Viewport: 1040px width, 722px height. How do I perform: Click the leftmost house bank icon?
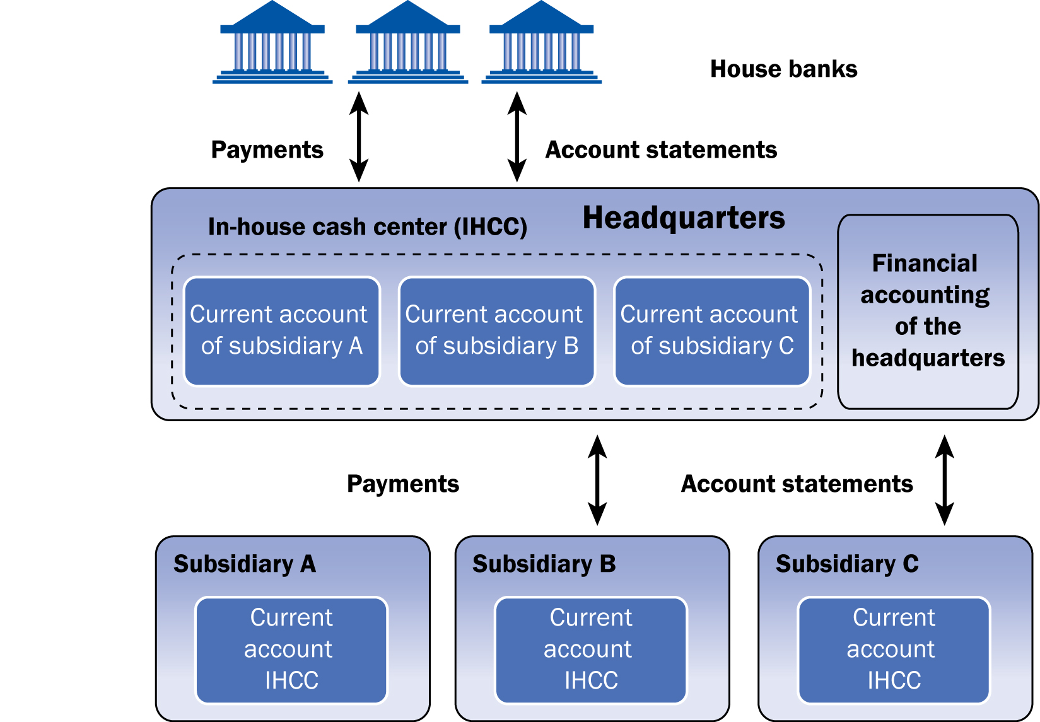(x=272, y=43)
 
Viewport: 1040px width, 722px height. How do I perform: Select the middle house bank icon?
(x=408, y=43)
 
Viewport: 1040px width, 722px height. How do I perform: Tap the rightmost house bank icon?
(x=542, y=43)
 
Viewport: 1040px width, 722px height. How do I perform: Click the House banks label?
(x=783, y=69)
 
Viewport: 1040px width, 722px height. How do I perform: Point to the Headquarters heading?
(x=684, y=218)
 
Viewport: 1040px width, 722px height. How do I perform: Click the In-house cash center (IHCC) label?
(x=368, y=227)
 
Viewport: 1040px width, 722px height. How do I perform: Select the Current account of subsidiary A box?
(x=282, y=331)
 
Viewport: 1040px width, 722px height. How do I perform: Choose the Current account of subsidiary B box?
(x=497, y=331)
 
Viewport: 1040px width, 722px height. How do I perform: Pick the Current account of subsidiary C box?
(x=712, y=331)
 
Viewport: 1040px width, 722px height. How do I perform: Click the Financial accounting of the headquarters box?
(x=928, y=312)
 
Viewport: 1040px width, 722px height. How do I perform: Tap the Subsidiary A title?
(x=245, y=564)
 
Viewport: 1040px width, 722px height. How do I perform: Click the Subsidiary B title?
(x=544, y=564)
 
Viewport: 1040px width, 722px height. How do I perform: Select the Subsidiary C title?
(x=847, y=564)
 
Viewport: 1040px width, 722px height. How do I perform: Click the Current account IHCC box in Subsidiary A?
(x=291, y=649)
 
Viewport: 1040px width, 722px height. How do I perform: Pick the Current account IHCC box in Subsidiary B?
(x=591, y=649)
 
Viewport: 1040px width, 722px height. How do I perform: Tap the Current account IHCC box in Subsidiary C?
(x=894, y=649)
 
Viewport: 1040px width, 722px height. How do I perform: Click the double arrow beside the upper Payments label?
(x=359, y=137)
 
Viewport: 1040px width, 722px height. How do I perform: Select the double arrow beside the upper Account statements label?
(x=517, y=137)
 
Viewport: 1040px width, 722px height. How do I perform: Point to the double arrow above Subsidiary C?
(x=944, y=480)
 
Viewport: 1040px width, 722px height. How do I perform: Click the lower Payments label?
(x=403, y=484)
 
